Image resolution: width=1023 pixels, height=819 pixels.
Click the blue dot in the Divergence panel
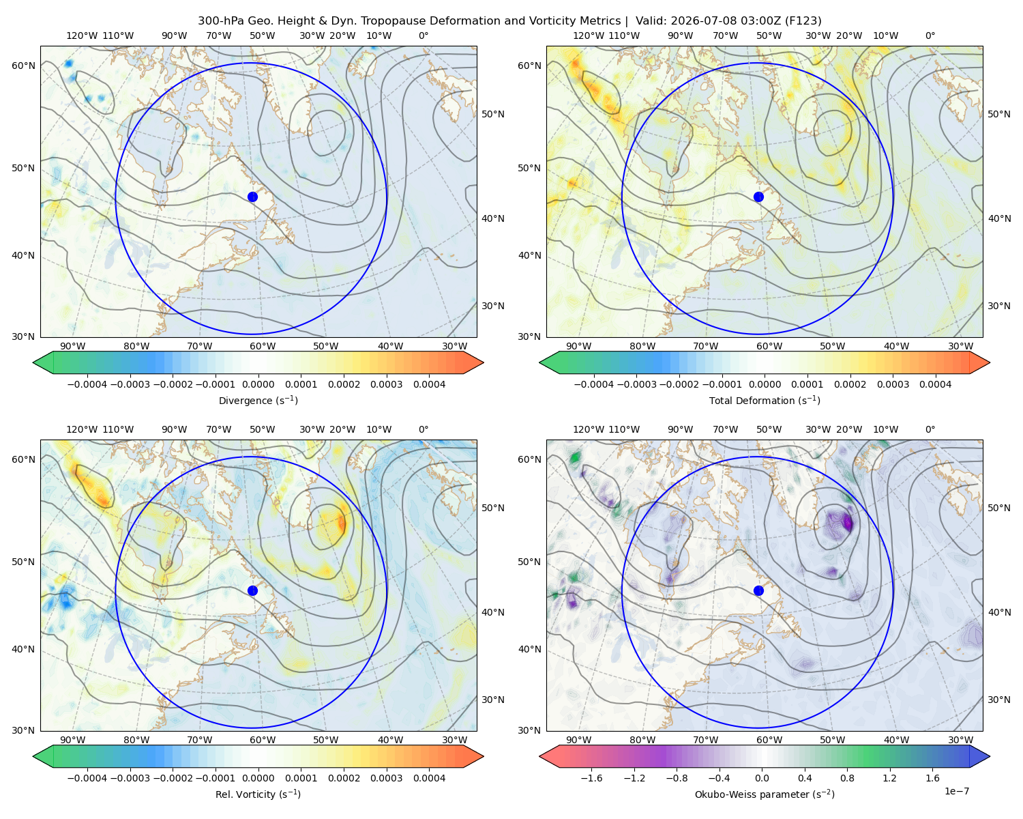coord(252,197)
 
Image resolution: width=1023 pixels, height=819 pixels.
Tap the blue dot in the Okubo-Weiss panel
coord(758,590)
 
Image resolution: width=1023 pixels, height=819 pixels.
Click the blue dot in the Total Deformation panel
coord(758,197)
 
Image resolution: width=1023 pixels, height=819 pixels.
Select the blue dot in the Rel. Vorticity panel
coord(252,590)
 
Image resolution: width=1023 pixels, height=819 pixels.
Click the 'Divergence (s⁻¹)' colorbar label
coord(258,400)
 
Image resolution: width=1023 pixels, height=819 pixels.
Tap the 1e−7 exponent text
coord(956,791)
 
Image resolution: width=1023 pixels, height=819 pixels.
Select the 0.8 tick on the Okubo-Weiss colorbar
coord(847,778)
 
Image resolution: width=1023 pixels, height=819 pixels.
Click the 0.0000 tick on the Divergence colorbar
coord(258,384)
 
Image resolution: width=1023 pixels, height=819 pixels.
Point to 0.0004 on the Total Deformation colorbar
coord(935,384)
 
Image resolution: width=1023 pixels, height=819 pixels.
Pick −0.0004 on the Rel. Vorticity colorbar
coord(87,778)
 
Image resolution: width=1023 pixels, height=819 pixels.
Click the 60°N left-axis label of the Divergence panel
coord(23,66)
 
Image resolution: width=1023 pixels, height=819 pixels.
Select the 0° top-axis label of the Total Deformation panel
coord(930,35)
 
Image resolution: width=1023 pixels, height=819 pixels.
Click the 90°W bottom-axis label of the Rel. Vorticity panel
coord(73,740)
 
